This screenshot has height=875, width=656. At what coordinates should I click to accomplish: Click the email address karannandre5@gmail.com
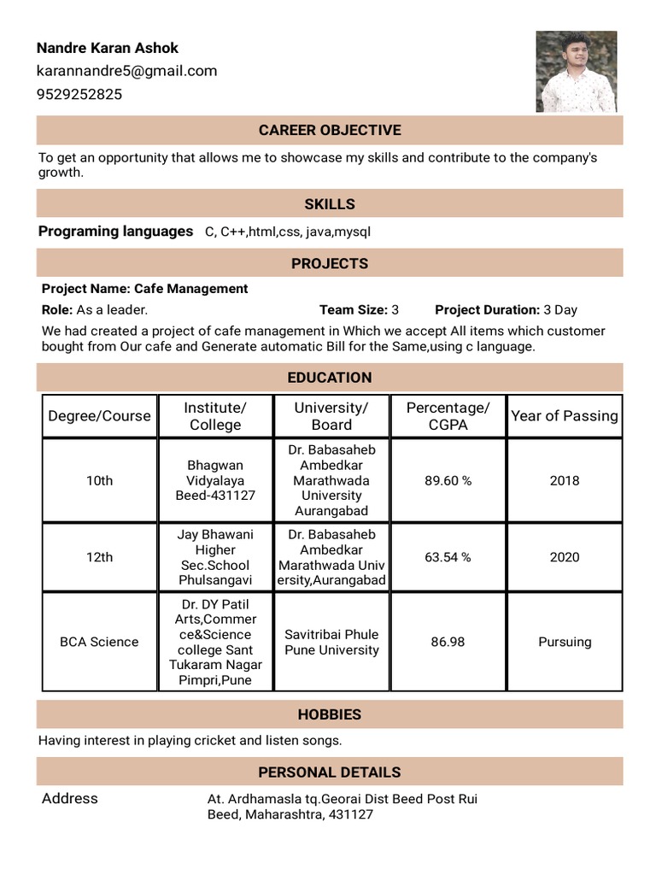point(126,71)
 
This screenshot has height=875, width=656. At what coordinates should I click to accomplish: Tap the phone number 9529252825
point(79,94)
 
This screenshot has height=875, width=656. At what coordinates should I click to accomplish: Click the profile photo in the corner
point(576,72)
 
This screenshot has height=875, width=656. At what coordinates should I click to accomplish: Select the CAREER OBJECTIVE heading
point(330,130)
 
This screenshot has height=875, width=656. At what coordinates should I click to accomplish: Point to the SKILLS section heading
point(330,204)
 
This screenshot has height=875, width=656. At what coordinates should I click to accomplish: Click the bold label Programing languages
point(115,232)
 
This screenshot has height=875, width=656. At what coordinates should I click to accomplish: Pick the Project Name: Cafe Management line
point(145,289)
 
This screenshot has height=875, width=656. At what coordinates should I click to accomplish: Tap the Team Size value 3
point(395,310)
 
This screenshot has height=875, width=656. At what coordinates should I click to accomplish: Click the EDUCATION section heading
point(330,378)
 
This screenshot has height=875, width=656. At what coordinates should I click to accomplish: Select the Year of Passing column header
point(565,416)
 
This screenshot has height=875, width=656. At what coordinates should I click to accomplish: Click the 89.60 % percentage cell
point(448,480)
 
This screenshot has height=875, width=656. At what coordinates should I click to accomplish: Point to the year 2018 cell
point(565,480)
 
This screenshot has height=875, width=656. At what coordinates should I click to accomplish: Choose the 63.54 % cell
point(448,557)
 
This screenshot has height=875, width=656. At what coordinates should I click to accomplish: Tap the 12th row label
point(99,557)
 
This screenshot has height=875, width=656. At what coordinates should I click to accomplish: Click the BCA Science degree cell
point(99,642)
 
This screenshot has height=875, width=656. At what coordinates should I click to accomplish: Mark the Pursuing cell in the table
point(565,642)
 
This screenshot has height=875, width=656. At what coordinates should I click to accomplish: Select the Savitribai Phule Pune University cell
point(331,642)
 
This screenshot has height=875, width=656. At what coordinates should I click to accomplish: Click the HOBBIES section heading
point(330,714)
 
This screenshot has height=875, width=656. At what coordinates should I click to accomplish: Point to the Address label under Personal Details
point(70,798)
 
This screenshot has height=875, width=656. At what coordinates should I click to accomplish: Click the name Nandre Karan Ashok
point(108,48)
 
